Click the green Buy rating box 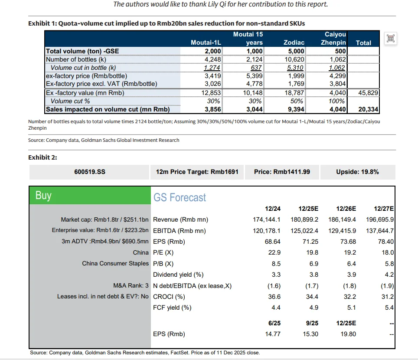pyautogui.click(x=89, y=196)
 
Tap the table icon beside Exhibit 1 pyautogui.click(x=390, y=39)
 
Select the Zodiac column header pyautogui.click(x=294, y=43)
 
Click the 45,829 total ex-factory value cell pyautogui.click(x=363, y=92)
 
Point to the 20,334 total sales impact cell pyautogui.click(x=363, y=109)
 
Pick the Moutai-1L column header pyautogui.click(x=206, y=43)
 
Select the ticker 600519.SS pyautogui.click(x=90, y=172)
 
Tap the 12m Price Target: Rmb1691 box pyautogui.click(x=197, y=172)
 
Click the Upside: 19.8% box pyautogui.click(x=357, y=172)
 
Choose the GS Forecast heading pyautogui.click(x=180, y=198)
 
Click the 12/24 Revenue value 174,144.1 pyautogui.click(x=266, y=219)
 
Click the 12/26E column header pyautogui.click(x=346, y=209)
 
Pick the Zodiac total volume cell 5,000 pyautogui.click(x=295, y=51)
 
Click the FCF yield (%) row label pyautogui.click(x=172, y=308)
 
